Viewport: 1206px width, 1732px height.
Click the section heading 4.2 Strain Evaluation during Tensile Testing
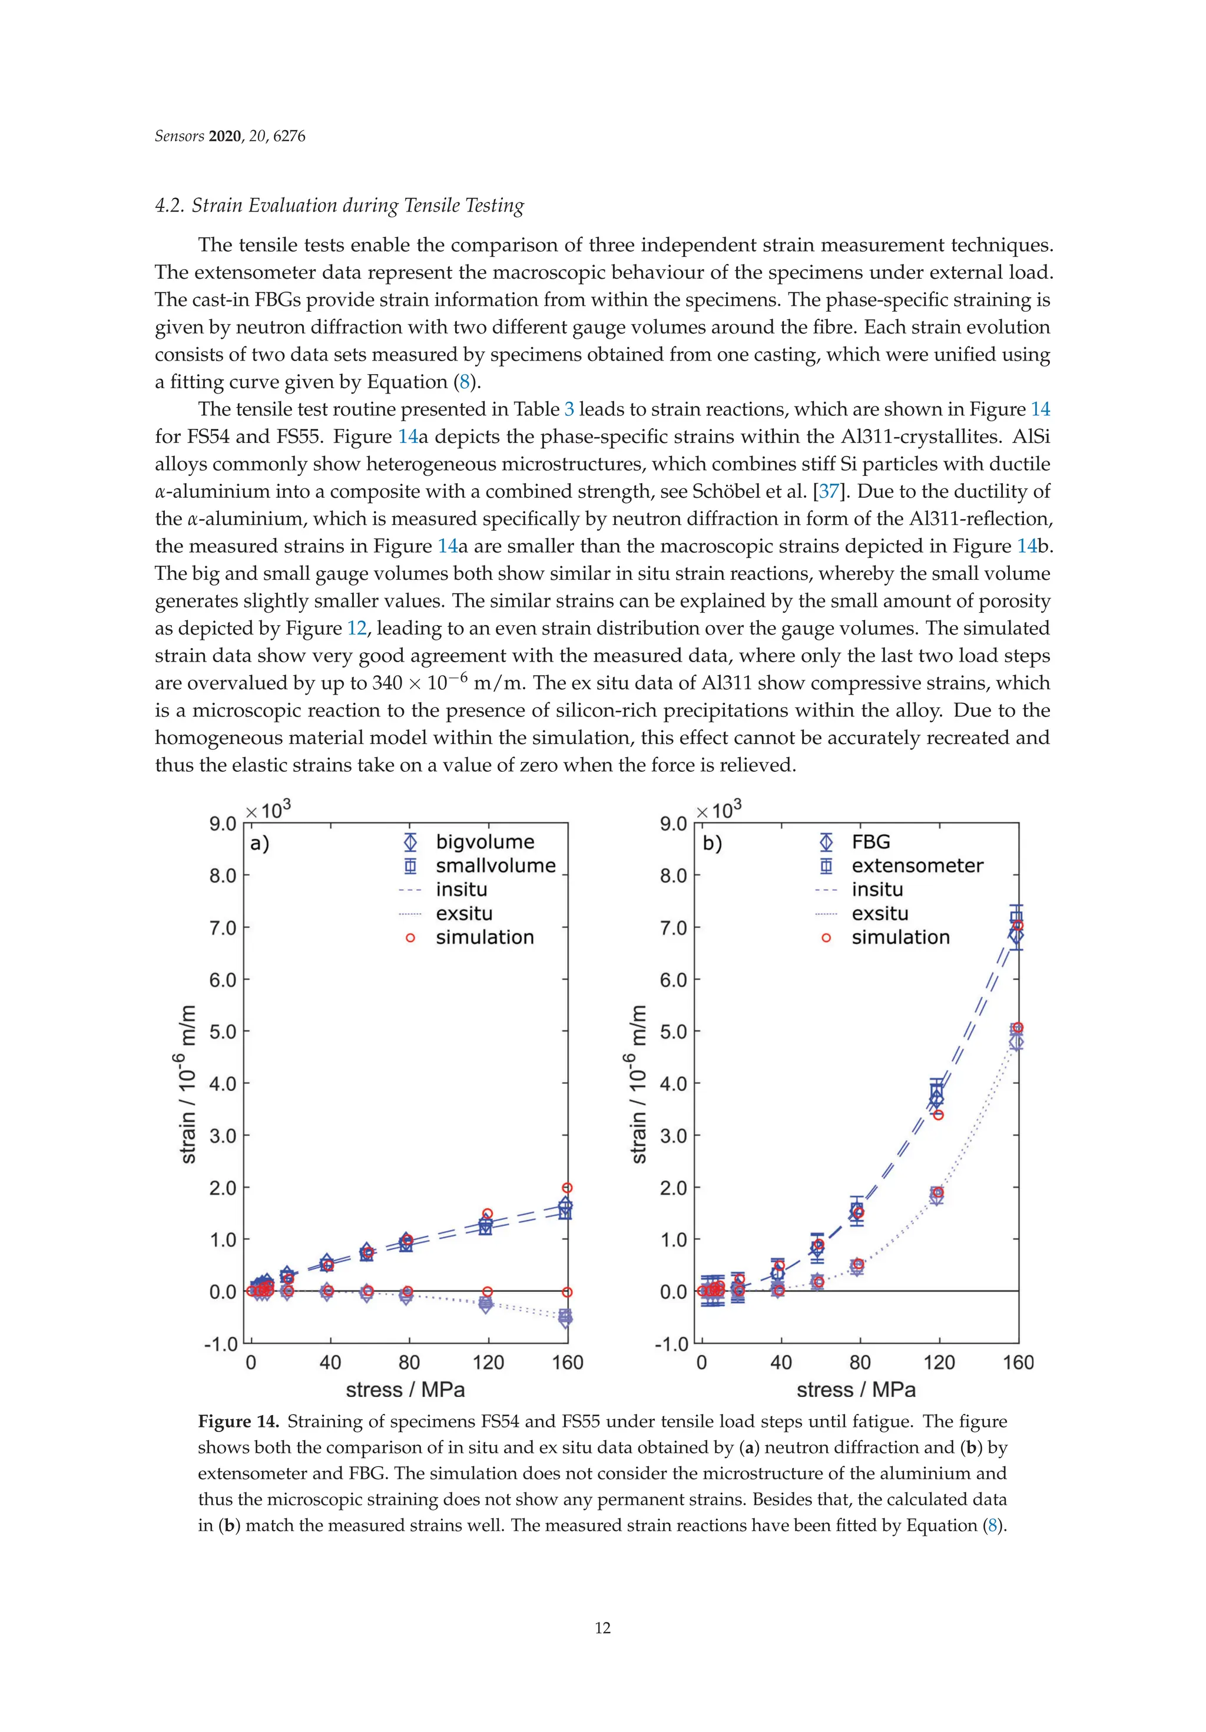point(339,206)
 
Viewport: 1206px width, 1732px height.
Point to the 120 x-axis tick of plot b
point(939,1363)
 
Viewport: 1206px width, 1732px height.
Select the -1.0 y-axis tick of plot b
point(672,1344)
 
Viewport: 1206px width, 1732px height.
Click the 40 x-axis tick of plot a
point(330,1363)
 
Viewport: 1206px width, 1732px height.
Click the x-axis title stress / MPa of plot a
point(405,1390)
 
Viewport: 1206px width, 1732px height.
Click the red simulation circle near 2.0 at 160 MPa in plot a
point(567,1188)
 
